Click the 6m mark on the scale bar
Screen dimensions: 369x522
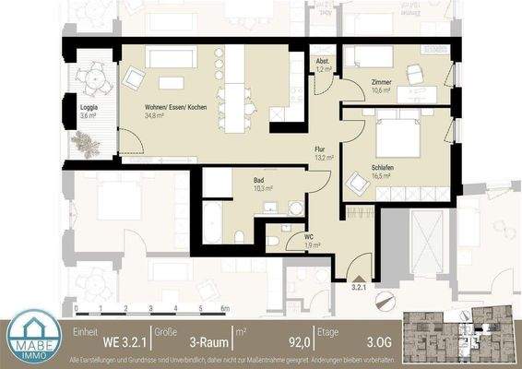click(223, 308)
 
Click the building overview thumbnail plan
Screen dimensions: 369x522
click(460, 332)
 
